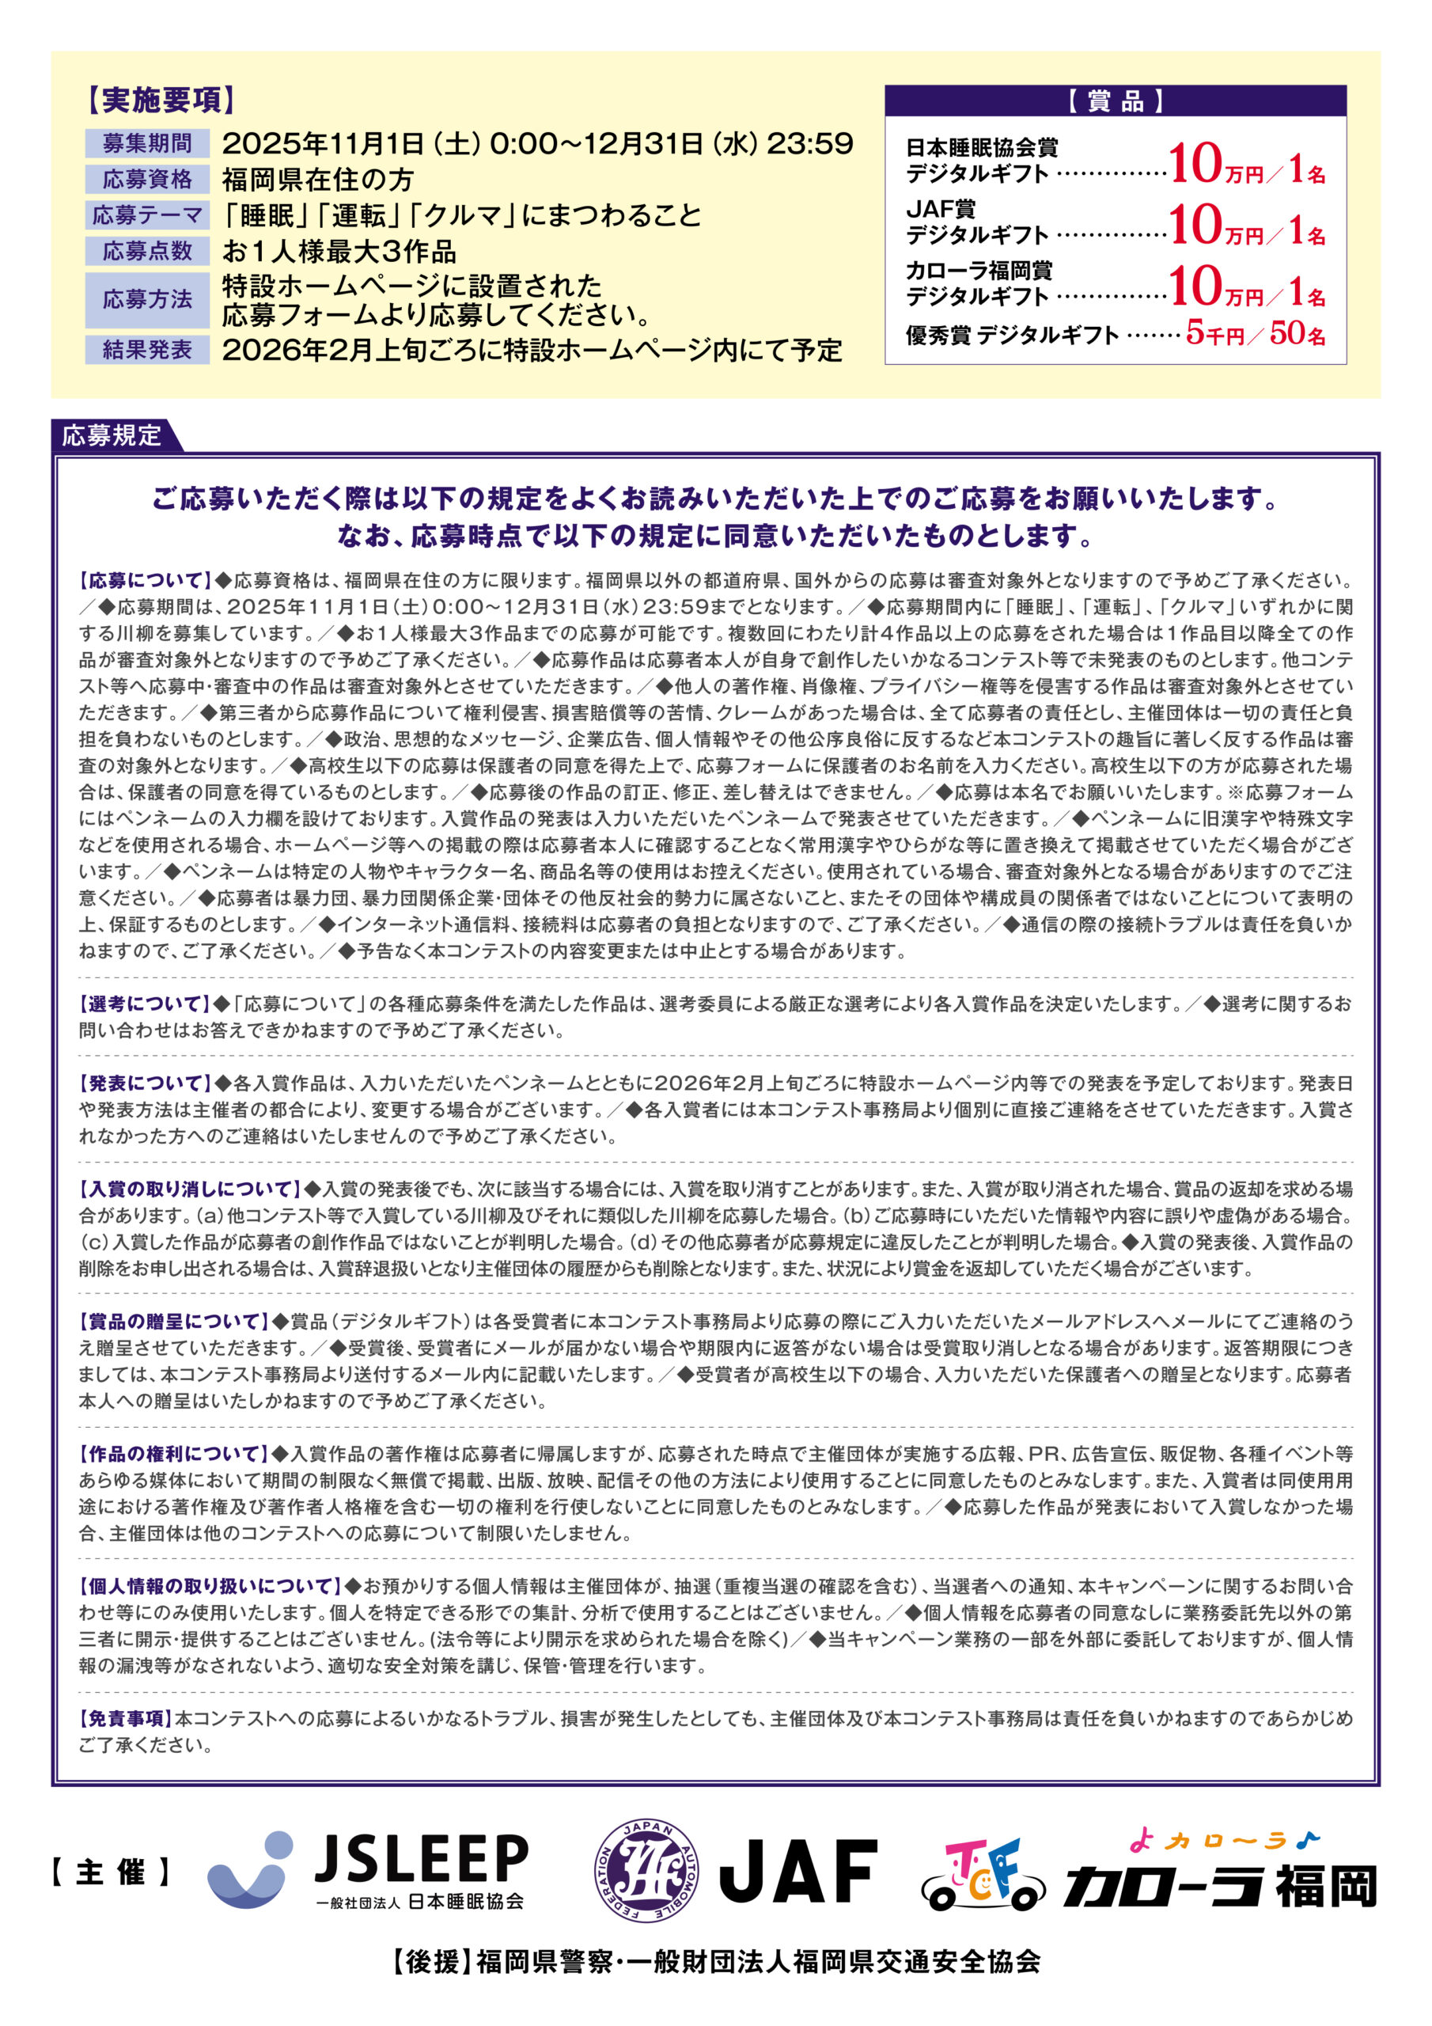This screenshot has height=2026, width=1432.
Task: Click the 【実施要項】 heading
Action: [x=161, y=101]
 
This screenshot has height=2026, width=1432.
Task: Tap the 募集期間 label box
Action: [x=147, y=143]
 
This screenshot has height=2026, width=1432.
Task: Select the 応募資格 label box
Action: [x=147, y=179]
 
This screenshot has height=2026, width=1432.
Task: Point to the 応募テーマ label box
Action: [x=147, y=215]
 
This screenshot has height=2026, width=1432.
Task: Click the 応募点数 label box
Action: [x=147, y=251]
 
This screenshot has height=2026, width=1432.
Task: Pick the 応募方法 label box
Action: [x=147, y=300]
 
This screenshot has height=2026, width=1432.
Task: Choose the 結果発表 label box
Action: [x=147, y=350]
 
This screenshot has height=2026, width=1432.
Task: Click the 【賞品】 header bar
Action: [x=1116, y=101]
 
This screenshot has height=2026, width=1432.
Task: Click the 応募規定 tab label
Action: [x=112, y=436]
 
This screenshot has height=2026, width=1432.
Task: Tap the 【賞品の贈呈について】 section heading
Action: [x=174, y=1321]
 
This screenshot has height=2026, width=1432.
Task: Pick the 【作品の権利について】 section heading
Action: [x=174, y=1453]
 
